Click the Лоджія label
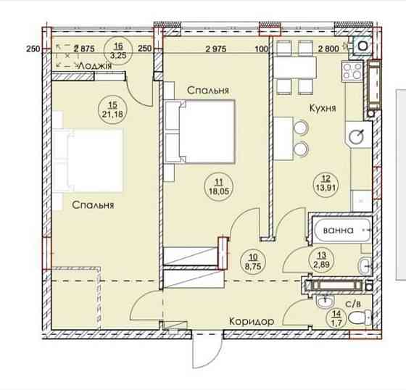pos(95,66)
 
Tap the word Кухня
pos(323,108)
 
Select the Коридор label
pos(252,321)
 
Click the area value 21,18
pos(112,114)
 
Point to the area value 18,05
pos(219,191)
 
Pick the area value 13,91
pos(326,187)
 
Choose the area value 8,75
pos(253,266)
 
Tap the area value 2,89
pos(322,265)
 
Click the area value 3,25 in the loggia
pos(118,55)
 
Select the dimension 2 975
pos(216,49)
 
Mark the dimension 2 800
pos(328,49)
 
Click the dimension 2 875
pos(84,49)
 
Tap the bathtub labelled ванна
pos(341,230)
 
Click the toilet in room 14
pos(360,318)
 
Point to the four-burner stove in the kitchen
pos(352,71)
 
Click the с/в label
pos(353,304)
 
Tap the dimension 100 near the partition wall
pos(261,49)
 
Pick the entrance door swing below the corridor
pos(208,350)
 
